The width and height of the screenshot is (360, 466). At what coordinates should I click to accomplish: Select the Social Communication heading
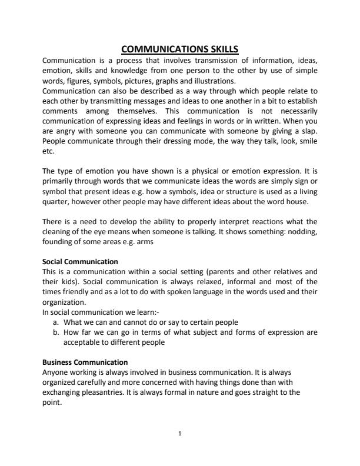(81, 261)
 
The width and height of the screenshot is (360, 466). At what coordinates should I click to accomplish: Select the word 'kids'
(68, 281)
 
